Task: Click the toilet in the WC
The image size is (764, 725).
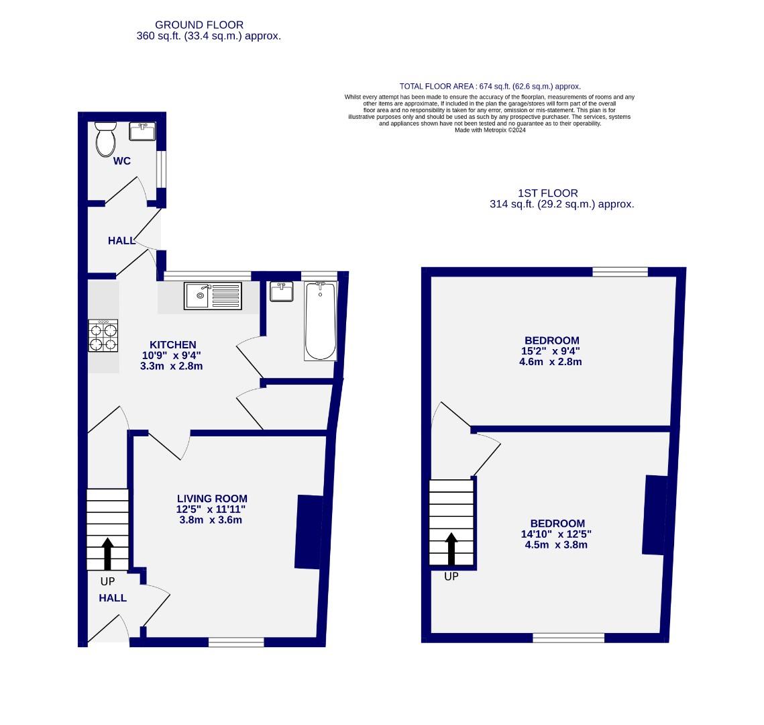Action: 105,140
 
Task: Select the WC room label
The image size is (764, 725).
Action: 121,161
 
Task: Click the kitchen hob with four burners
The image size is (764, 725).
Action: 103,336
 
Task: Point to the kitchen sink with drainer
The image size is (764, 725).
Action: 213,296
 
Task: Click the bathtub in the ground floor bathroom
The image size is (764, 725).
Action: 321,321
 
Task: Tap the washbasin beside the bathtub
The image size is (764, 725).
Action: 281,292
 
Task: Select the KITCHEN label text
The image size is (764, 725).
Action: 172,345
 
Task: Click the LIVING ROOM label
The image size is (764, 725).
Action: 212,499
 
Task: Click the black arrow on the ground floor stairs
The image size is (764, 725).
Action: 107,553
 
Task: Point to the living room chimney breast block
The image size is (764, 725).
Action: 308,532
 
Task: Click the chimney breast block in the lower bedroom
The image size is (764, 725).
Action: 655,515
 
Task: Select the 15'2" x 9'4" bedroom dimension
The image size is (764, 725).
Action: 551,351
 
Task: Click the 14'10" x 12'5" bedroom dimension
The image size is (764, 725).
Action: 556,534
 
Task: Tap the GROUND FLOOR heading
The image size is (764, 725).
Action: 199,25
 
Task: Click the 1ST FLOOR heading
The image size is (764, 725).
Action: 548,193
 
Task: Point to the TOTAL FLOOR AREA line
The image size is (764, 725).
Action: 490,87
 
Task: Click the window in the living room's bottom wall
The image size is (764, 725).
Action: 236,642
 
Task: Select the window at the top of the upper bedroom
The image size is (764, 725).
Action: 620,272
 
